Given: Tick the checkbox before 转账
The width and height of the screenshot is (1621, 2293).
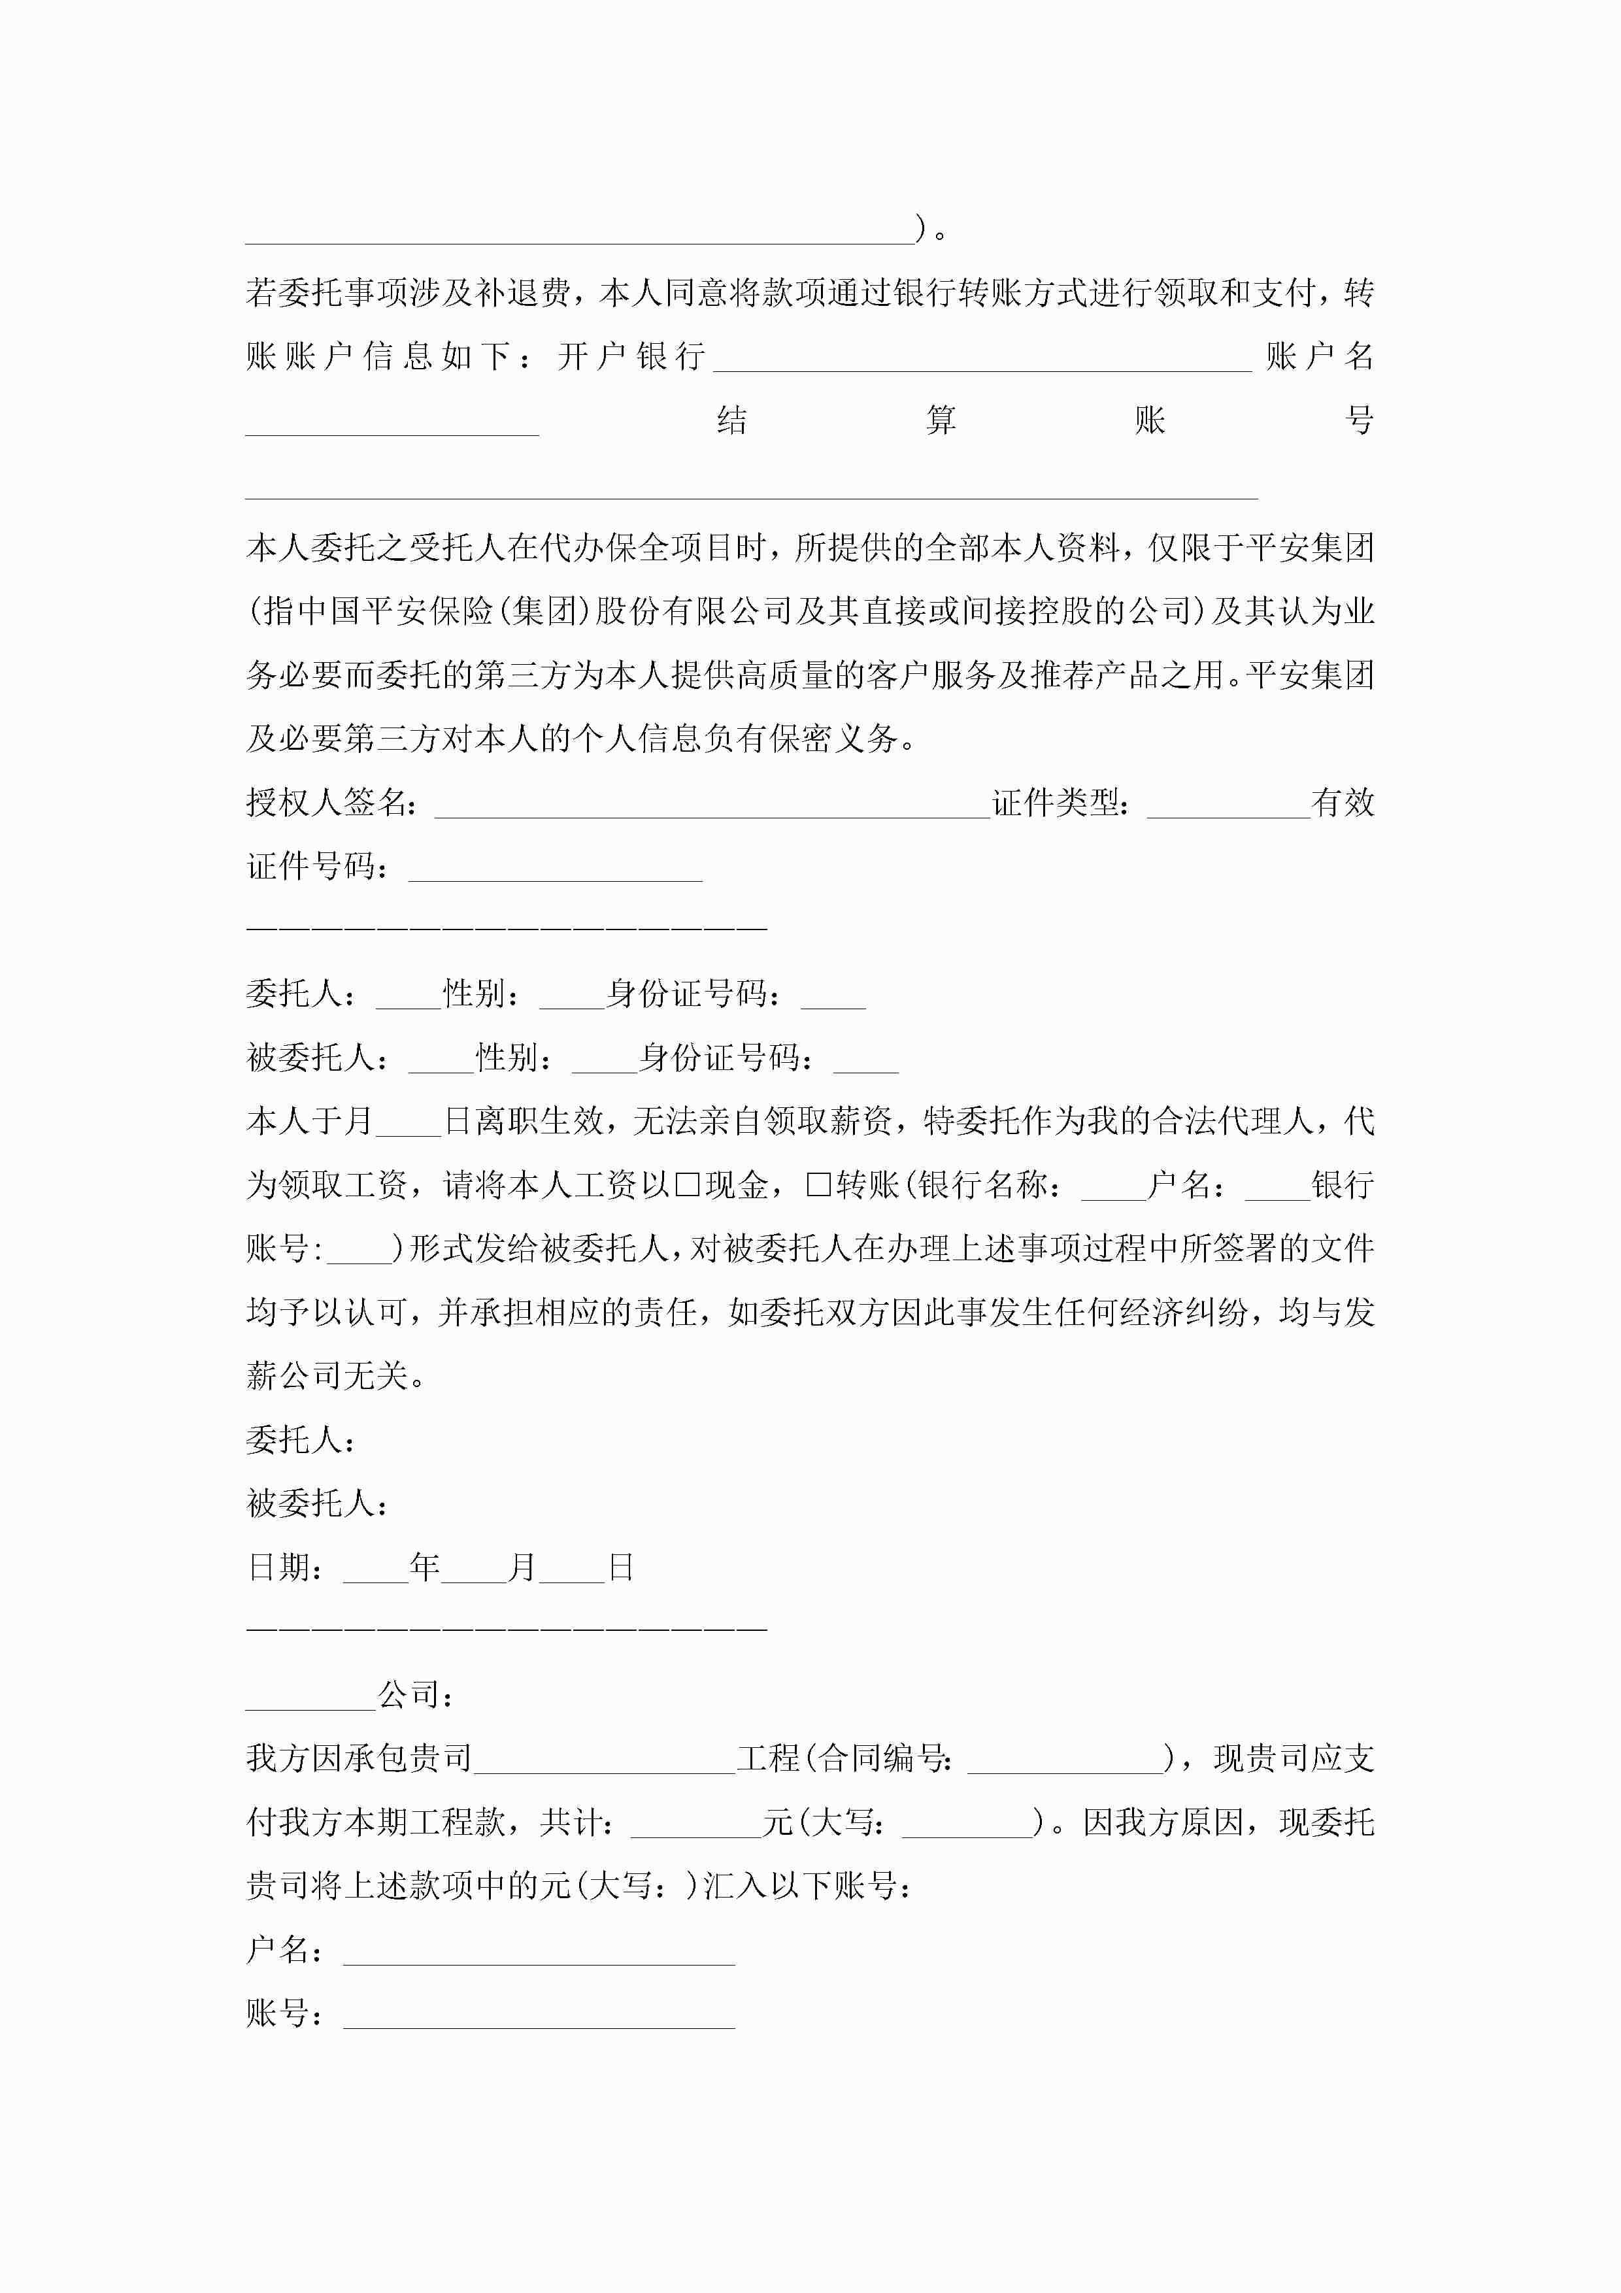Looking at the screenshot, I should [x=818, y=1186].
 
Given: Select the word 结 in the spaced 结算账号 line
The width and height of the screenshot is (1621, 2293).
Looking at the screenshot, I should [x=732, y=420].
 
